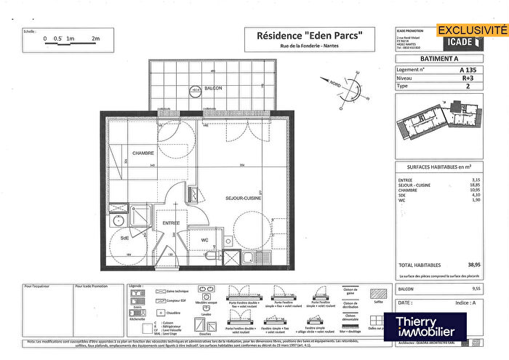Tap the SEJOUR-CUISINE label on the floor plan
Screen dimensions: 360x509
[243, 198]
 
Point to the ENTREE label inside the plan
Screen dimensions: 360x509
[171, 223]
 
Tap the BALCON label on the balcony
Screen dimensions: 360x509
[213, 88]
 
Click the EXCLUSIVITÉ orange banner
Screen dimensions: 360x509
[470, 31]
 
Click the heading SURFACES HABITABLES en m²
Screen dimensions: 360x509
[433, 167]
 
